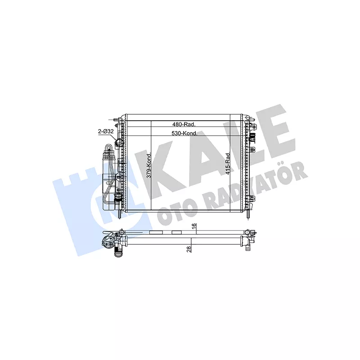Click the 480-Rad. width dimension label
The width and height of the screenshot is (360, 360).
point(184,124)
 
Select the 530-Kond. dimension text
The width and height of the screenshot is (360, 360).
point(184,133)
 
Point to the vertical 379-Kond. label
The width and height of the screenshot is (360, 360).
point(149,165)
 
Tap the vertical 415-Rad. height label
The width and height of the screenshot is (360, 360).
point(228,163)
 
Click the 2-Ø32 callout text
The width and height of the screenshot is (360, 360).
point(106,131)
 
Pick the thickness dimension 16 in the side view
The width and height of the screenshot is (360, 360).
point(194,225)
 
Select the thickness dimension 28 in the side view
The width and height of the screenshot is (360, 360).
point(189,249)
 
